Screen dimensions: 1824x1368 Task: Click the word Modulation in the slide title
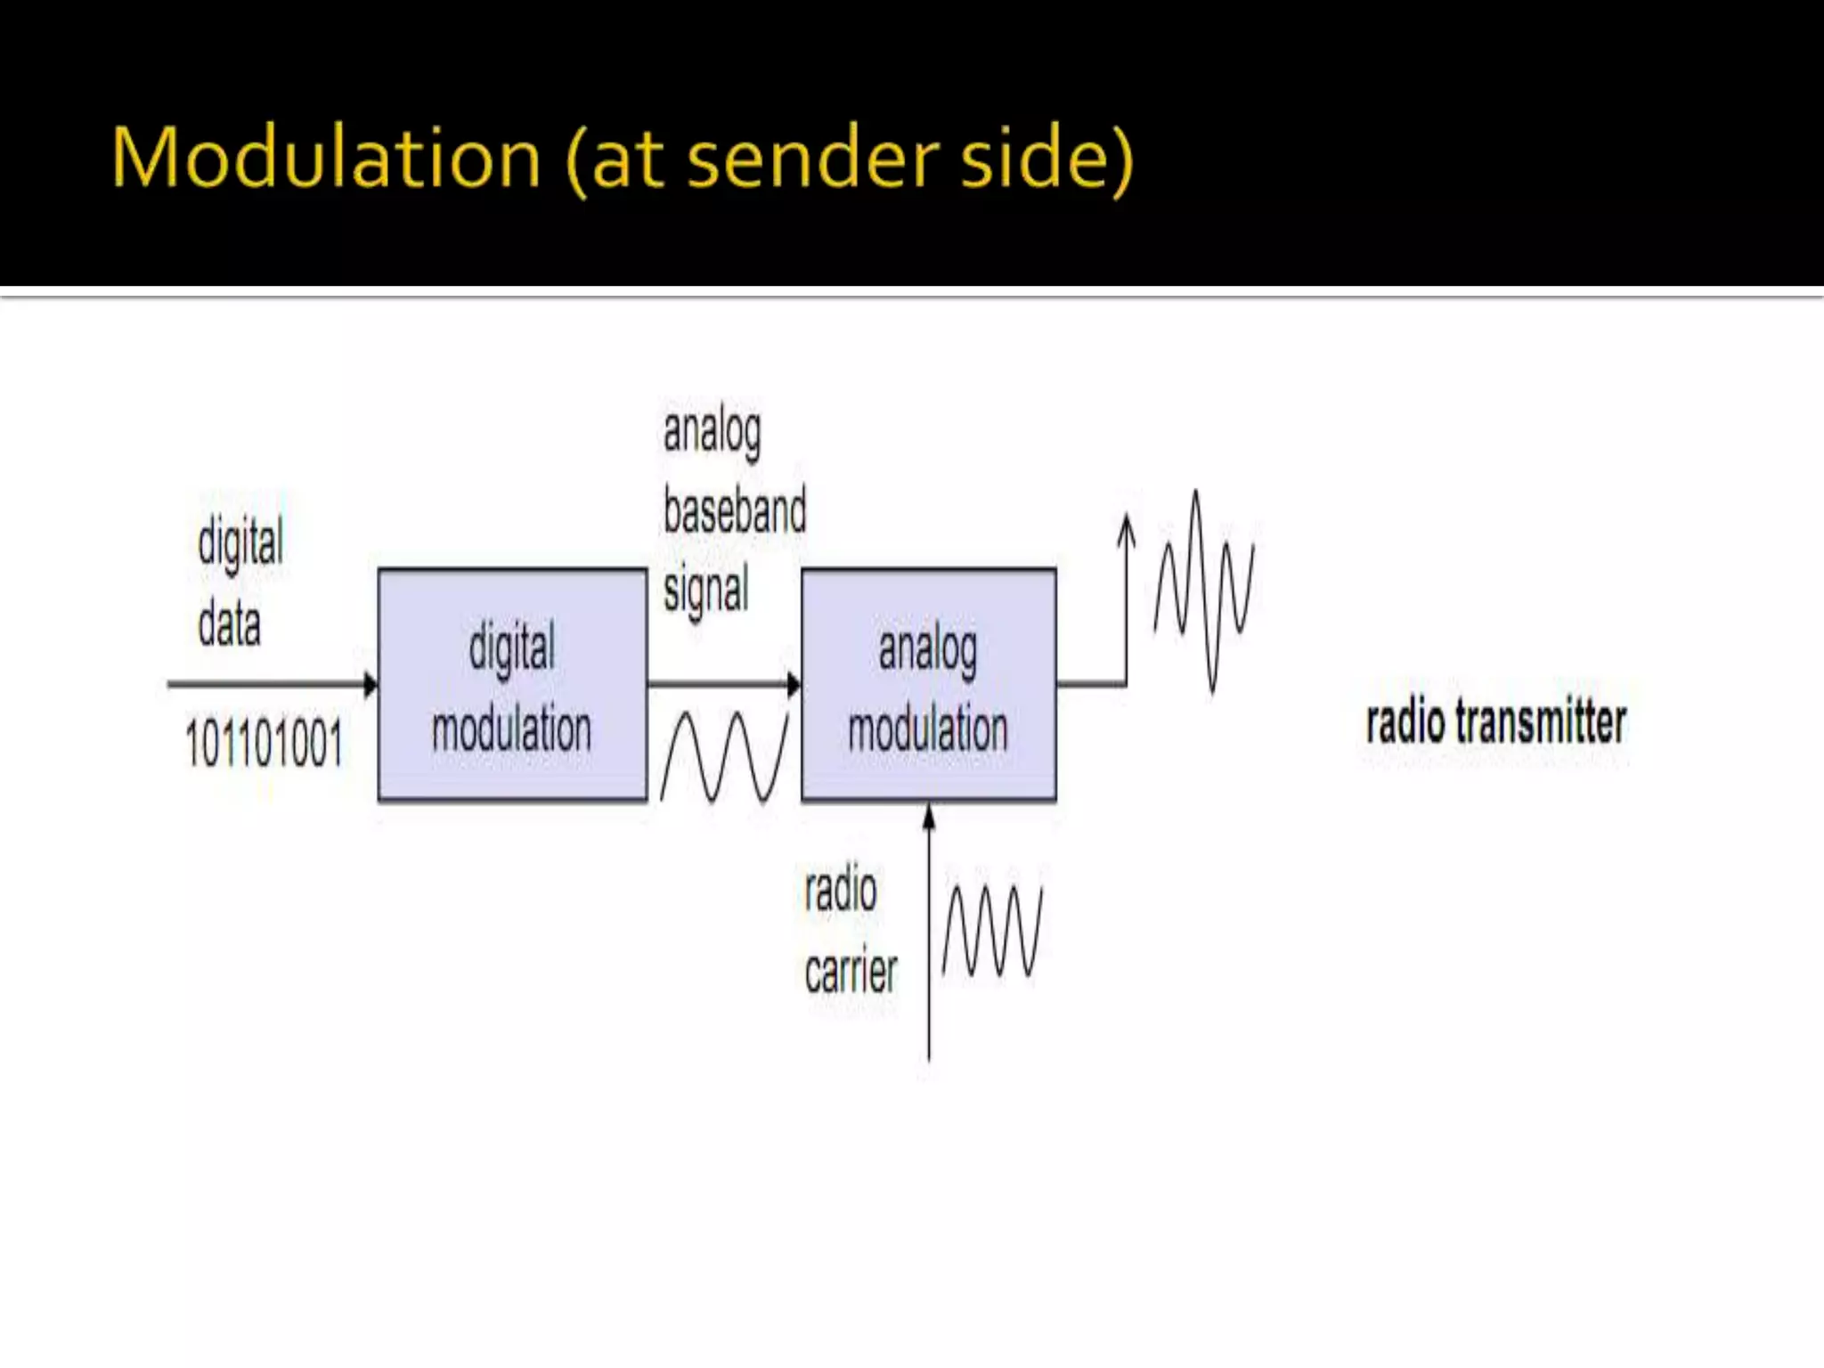[326, 159]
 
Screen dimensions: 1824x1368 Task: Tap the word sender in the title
[814, 159]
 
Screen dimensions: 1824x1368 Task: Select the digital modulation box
[512, 685]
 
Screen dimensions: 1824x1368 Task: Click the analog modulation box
[928, 685]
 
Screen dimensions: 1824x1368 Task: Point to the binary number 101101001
[264, 744]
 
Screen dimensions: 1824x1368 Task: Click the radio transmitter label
[1496, 721]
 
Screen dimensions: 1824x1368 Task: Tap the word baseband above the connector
[735, 511]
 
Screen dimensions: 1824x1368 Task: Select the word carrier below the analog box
[851, 972]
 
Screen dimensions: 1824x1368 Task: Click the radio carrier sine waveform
[992, 931]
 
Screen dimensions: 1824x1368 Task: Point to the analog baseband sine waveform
[724, 757]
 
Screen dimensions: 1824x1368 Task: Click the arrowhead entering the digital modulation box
[370, 684]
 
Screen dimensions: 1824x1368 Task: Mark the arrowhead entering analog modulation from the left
[794, 684]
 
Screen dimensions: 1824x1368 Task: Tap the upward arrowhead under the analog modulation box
[929, 815]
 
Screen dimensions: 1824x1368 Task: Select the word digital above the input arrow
[240, 541]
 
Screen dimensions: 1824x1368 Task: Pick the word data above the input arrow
[229, 623]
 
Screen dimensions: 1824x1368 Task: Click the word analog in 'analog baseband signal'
[712, 433]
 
